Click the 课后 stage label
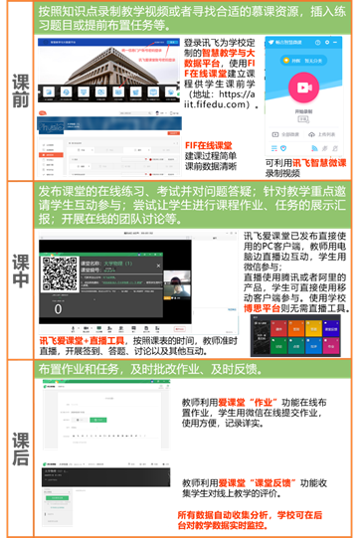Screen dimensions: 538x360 [18, 452]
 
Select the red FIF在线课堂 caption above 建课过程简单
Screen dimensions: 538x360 [210, 145]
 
